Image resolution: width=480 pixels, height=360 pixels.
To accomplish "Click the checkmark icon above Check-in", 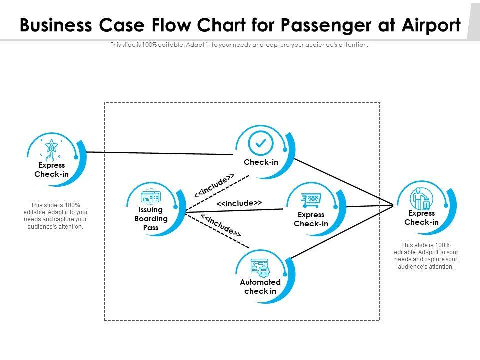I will pyautogui.click(x=260, y=143).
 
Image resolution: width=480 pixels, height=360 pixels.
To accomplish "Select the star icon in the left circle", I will pyautogui.click(x=51, y=147).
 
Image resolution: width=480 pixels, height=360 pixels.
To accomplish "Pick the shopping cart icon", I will pyautogui.click(x=310, y=200).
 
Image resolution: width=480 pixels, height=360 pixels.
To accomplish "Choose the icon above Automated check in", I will pyautogui.click(x=260, y=267).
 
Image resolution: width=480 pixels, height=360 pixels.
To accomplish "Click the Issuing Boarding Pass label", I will pyautogui.click(x=151, y=219).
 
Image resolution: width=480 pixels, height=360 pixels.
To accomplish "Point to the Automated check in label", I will pyautogui.click(x=260, y=287).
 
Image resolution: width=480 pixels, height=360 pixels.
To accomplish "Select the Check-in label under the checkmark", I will pyautogui.click(x=261, y=162).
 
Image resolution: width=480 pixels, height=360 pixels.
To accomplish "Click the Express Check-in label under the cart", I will pyautogui.click(x=311, y=219).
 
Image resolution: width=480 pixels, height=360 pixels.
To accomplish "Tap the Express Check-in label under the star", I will pyautogui.click(x=51, y=170).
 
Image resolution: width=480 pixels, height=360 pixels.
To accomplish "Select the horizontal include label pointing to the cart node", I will pyautogui.click(x=239, y=203).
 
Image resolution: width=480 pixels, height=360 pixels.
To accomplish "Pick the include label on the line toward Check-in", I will pyautogui.click(x=214, y=186).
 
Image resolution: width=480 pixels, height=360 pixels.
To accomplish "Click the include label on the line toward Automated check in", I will pyautogui.click(x=220, y=224).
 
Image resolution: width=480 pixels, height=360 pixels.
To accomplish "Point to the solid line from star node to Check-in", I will pyautogui.click(x=160, y=153).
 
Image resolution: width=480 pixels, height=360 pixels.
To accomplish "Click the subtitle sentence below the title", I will pyautogui.click(x=239, y=45).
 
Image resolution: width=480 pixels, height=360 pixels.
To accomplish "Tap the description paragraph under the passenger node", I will pyautogui.click(x=425, y=256).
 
